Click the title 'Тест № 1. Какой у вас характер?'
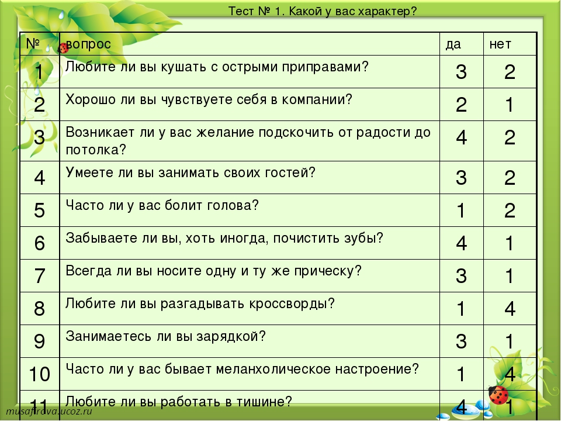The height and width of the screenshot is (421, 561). [x=323, y=12]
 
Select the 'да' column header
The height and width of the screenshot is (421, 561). [x=453, y=44]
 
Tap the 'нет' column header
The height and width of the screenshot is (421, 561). [x=500, y=44]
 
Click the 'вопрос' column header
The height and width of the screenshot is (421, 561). [x=88, y=44]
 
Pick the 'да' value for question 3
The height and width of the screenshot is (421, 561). [x=462, y=137]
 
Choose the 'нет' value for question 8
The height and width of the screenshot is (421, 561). [x=510, y=309]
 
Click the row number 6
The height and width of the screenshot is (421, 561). [x=39, y=243]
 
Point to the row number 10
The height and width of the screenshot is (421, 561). [x=39, y=374]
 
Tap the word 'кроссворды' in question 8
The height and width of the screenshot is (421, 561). [x=288, y=303]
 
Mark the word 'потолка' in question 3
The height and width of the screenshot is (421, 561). [x=92, y=150]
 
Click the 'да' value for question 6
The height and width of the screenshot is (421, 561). [x=462, y=243]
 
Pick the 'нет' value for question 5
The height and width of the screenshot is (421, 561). [x=510, y=210]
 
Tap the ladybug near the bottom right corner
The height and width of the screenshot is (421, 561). [x=498, y=395]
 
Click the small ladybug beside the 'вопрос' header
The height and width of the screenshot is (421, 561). [x=63, y=47]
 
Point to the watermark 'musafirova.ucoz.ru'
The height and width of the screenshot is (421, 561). [x=49, y=410]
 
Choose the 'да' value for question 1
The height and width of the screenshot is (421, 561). [x=462, y=72]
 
